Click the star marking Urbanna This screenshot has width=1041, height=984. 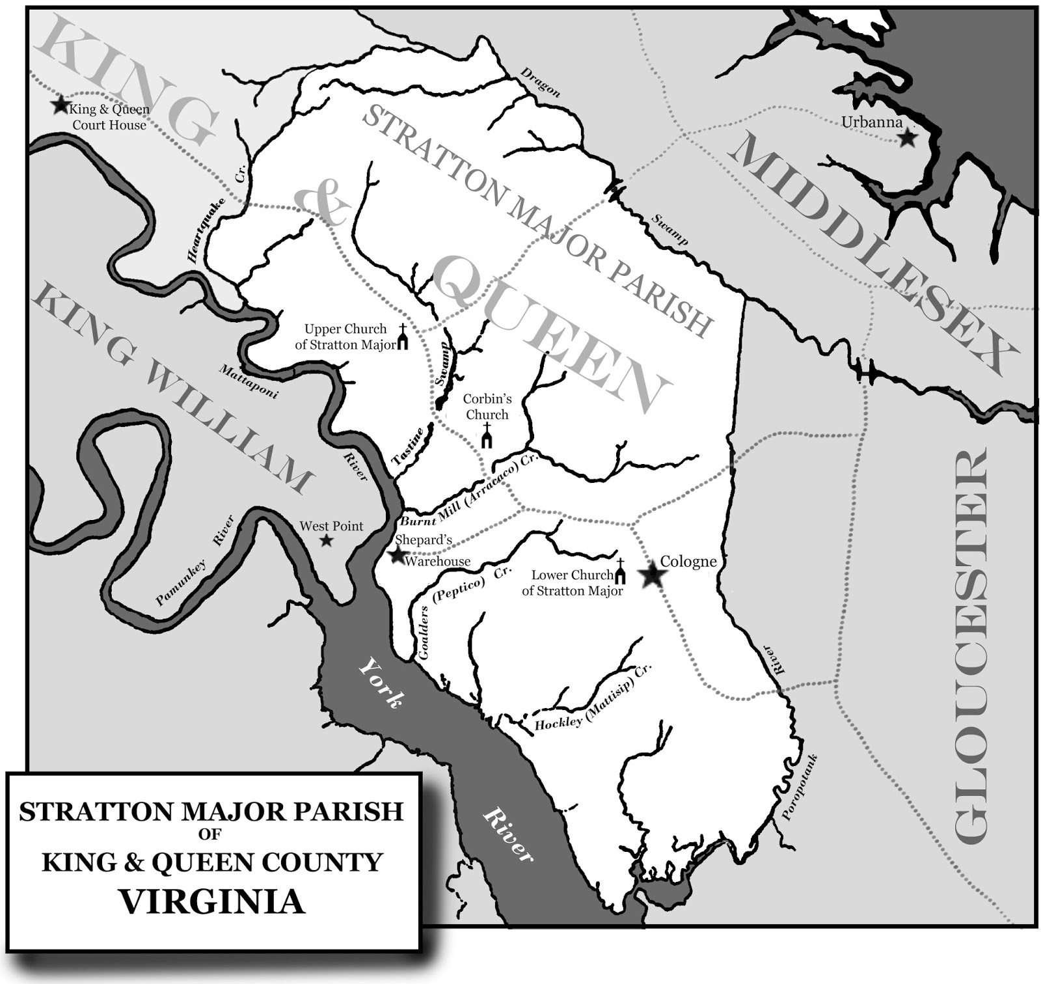(x=906, y=138)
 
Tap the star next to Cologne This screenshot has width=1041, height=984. (x=653, y=575)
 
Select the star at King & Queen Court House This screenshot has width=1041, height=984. (x=61, y=104)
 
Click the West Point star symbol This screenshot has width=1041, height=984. (x=327, y=541)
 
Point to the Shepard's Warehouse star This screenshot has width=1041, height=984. (x=396, y=555)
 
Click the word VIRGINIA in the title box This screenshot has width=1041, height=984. (x=213, y=902)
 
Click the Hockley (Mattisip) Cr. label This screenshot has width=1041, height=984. (x=592, y=711)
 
